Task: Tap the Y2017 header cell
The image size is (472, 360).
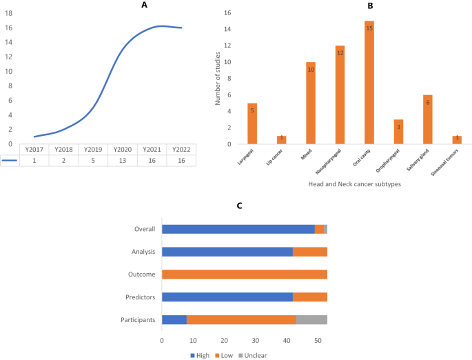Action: (x=34, y=149)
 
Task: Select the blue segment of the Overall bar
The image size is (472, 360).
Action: (x=238, y=229)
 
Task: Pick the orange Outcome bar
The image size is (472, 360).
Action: (x=244, y=274)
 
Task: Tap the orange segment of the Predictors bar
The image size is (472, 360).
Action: (x=309, y=297)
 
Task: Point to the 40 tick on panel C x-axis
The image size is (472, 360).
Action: (x=287, y=341)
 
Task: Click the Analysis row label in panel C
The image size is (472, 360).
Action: (x=143, y=252)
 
